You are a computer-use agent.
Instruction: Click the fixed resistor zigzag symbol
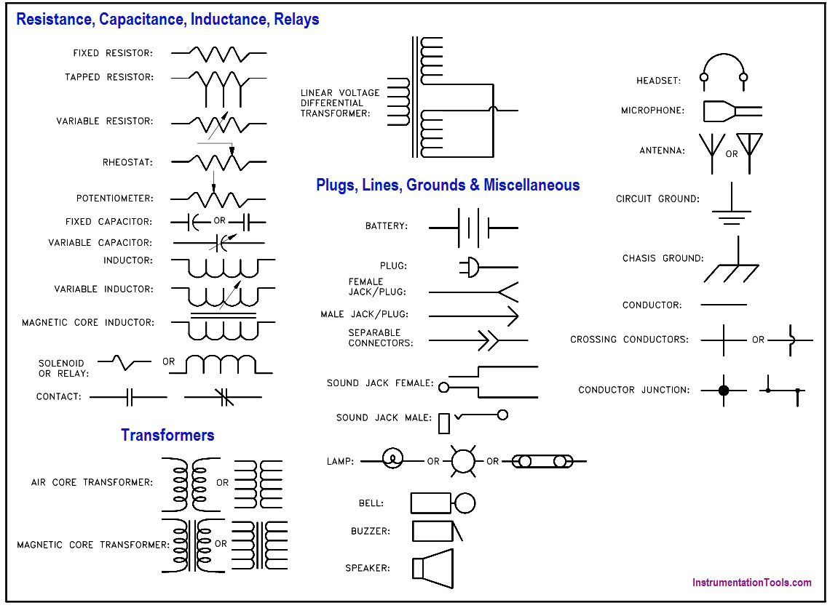click(x=218, y=53)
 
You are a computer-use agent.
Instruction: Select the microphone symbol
click(x=731, y=111)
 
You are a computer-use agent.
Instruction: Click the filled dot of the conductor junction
click(x=723, y=391)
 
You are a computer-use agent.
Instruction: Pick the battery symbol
click(x=473, y=228)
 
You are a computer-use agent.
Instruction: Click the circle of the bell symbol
click(x=465, y=503)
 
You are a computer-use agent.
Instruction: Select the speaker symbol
click(x=432, y=568)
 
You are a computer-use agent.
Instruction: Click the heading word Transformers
click(x=167, y=436)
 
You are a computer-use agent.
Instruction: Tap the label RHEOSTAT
click(x=128, y=162)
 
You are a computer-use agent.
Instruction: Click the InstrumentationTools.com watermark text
click(x=751, y=583)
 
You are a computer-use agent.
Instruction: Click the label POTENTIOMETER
click(x=115, y=199)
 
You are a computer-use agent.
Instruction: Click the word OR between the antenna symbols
click(x=731, y=154)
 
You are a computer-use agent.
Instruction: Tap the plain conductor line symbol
click(x=723, y=305)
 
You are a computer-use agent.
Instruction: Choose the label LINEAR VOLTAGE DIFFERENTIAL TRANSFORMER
click(x=340, y=103)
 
